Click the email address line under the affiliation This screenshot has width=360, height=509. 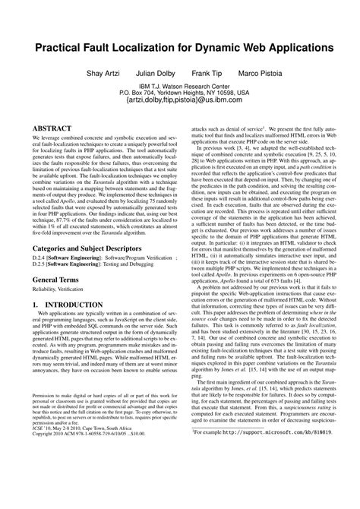[x=180, y=99]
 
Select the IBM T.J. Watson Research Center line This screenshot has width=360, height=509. [x=180, y=84]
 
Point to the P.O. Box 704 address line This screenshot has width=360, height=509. [x=180, y=91]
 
